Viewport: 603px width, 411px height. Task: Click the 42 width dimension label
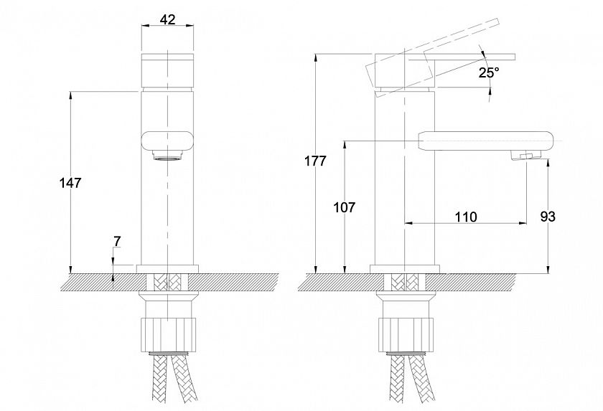pyautogui.click(x=168, y=19)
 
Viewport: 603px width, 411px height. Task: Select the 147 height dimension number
pyautogui.click(x=71, y=183)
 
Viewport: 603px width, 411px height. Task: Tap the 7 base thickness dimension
pyautogui.click(x=117, y=241)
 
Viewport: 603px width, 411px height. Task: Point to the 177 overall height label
pyautogui.click(x=315, y=161)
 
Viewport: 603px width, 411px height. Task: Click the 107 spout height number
pyautogui.click(x=344, y=207)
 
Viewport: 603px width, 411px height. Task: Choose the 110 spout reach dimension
pyautogui.click(x=466, y=217)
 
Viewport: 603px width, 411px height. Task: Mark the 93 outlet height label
pyautogui.click(x=548, y=217)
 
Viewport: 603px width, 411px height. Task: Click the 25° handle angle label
pyautogui.click(x=489, y=72)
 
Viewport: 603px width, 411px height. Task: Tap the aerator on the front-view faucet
pyautogui.click(x=167, y=155)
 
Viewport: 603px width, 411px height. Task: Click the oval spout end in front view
pyautogui.click(x=168, y=141)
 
